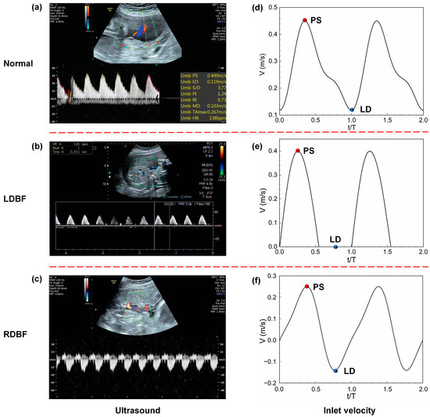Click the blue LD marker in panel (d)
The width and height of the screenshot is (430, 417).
352,110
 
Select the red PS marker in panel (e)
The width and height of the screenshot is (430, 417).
297,151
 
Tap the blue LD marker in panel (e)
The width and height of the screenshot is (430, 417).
335,247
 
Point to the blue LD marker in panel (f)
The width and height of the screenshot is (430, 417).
335,371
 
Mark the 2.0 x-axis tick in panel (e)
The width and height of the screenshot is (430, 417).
422,255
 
